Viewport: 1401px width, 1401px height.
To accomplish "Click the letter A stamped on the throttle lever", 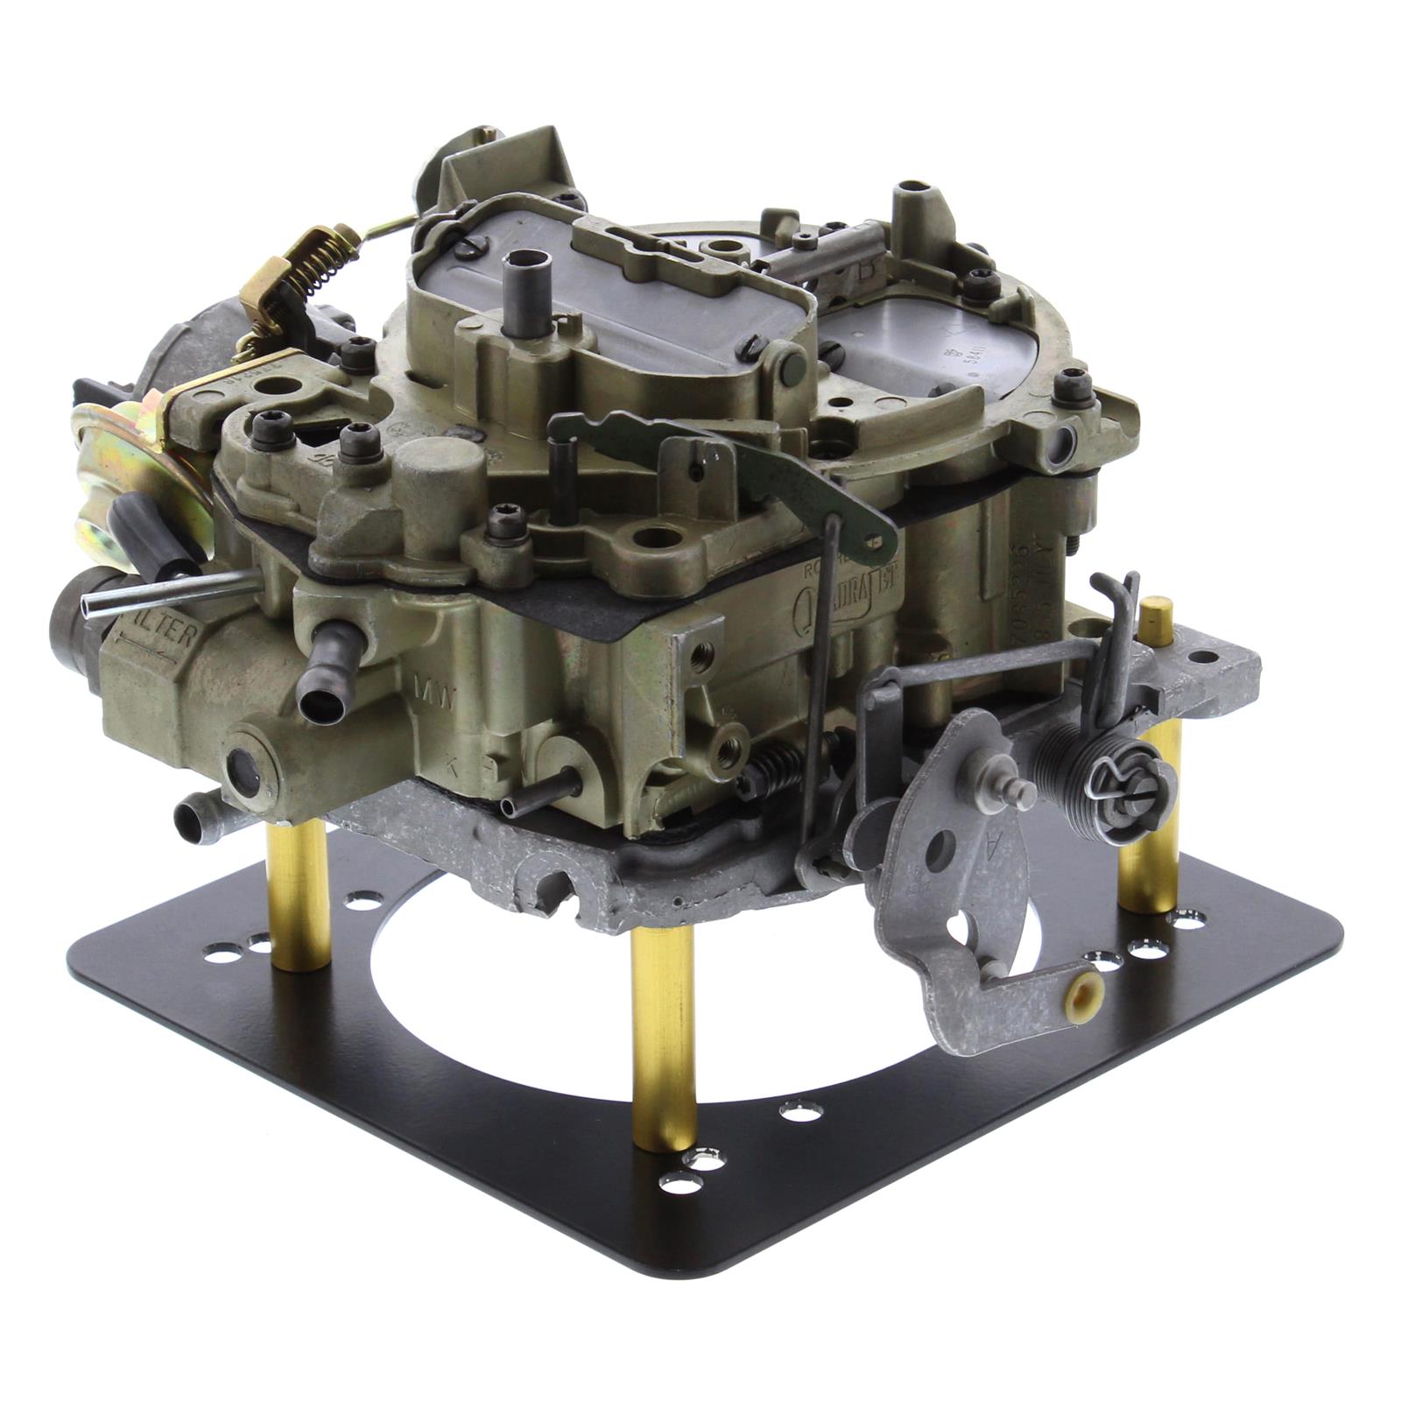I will click(990, 845).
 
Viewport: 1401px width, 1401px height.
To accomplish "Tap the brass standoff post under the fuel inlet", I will click(299, 893).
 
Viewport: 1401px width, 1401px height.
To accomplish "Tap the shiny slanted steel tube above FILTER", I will click(166, 591).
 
